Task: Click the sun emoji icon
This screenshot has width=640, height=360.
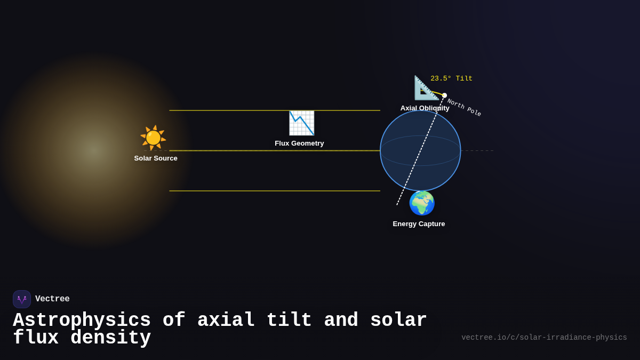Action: (x=153, y=138)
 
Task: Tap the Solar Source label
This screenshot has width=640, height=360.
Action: (x=156, y=158)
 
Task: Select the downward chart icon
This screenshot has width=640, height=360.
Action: (x=301, y=123)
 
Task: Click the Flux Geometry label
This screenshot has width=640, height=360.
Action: (x=299, y=143)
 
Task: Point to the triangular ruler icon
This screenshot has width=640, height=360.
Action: (x=426, y=87)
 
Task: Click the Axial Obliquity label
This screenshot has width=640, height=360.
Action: (x=425, y=108)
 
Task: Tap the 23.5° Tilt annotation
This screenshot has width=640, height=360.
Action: (x=451, y=79)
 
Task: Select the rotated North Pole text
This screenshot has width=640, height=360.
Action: (x=464, y=108)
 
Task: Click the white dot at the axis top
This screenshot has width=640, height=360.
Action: (x=444, y=95)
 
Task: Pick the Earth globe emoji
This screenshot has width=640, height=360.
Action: (x=422, y=203)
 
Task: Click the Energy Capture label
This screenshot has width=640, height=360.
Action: (x=419, y=224)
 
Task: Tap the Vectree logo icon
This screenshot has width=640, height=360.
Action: (x=22, y=299)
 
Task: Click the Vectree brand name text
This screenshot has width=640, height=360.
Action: (x=52, y=299)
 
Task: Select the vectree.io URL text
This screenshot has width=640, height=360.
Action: (x=544, y=338)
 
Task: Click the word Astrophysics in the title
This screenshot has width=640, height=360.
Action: (x=82, y=321)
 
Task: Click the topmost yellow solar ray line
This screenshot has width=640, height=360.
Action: (x=275, y=110)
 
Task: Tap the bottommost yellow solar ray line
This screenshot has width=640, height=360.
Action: (x=275, y=191)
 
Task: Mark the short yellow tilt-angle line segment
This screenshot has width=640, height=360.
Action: (x=437, y=93)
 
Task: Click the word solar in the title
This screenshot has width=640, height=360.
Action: (x=398, y=321)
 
